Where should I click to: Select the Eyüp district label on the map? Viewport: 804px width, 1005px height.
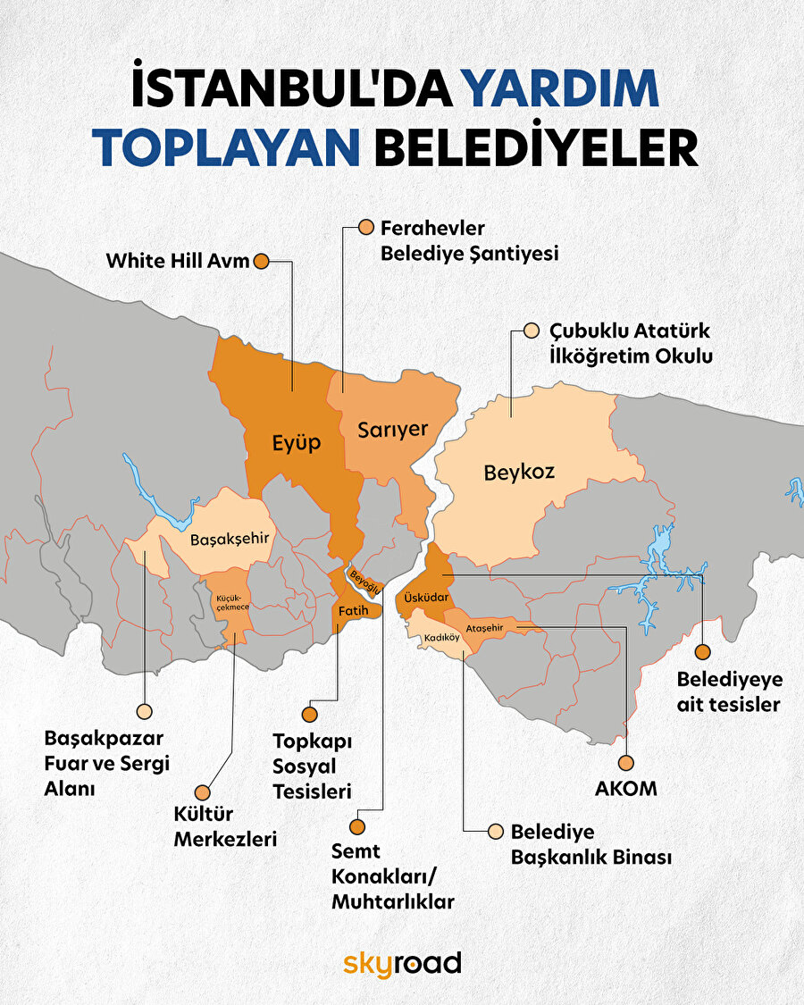[x=297, y=442]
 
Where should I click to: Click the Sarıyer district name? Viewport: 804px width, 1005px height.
[x=393, y=429]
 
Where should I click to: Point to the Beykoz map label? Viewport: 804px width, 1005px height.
[x=519, y=472]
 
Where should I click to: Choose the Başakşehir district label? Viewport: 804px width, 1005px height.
[x=230, y=539]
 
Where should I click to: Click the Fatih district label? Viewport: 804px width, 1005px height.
[x=351, y=610]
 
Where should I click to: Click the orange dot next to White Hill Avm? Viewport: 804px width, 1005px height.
[x=262, y=262]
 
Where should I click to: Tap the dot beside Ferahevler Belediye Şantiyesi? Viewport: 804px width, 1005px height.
[x=365, y=228]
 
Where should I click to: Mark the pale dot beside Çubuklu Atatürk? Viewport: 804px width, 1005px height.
[x=532, y=331]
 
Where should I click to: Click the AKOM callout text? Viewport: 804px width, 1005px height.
[x=625, y=789]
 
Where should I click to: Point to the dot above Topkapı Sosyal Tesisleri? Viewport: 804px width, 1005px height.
[x=310, y=715]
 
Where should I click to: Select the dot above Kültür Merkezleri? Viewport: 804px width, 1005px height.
[x=204, y=792]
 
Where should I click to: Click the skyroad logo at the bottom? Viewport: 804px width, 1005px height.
[x=402, y=963]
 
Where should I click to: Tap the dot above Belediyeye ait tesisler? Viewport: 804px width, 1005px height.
[x=703, y=651]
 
